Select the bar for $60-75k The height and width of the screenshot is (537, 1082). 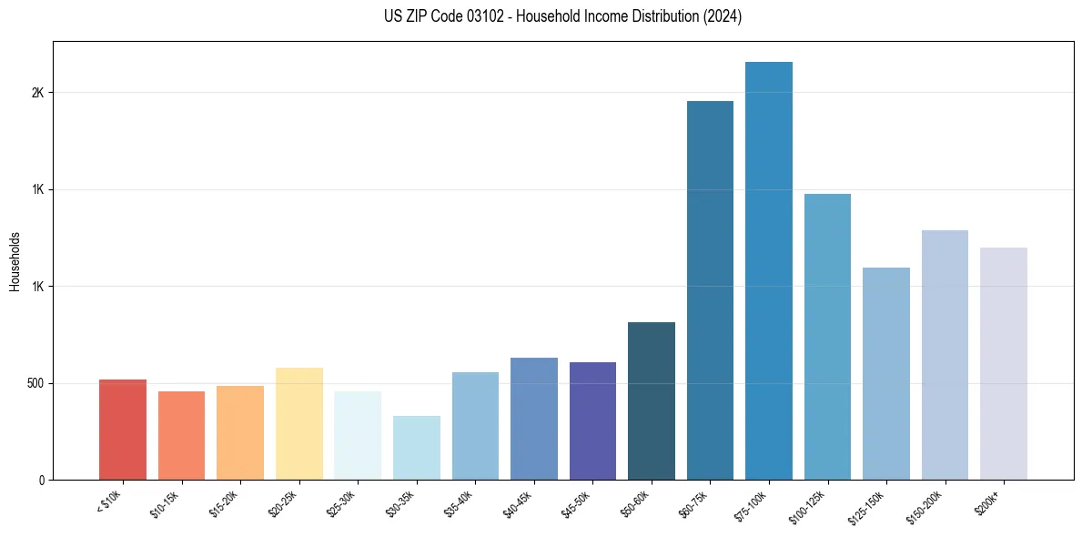click(x=710, y=290)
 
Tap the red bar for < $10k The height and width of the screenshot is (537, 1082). click(x=123, y=430)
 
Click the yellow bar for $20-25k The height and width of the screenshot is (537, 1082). click(x=299, y=423)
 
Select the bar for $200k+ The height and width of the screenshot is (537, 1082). click(x=1003, y=363)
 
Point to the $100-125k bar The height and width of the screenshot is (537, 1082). click(x=827, y=337)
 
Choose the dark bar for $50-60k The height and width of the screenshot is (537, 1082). click(x=651, y=400)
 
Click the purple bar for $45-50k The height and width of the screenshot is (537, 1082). click(x=592, y=420)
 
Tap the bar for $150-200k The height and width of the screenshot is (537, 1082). click(x=945, y=355)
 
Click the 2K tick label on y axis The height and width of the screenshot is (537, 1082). click(x=37, y=93)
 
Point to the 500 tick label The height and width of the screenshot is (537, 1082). click(x=34, y=383)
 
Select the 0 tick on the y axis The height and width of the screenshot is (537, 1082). click(x=41, y=480)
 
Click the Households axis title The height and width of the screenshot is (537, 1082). click(x=15, y=261)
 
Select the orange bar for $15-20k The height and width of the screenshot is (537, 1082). click(x=240, y=432)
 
